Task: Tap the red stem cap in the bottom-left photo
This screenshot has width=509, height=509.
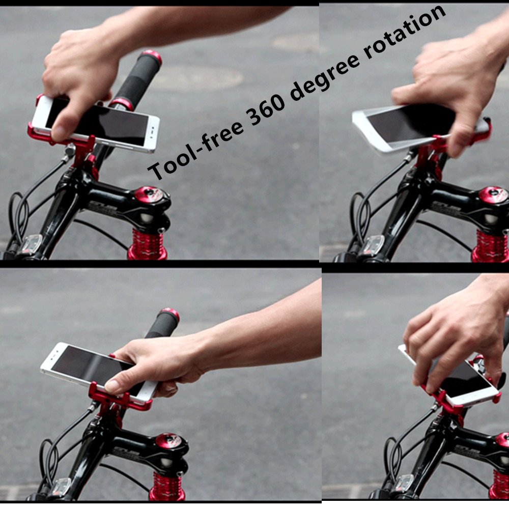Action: pyautogui.click(x=167, y=441)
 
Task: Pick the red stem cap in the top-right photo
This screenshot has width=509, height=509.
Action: pyautogui.click(x=493, y=195)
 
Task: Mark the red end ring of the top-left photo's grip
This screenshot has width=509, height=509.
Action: pyautogui.click(x=152, y=56)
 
